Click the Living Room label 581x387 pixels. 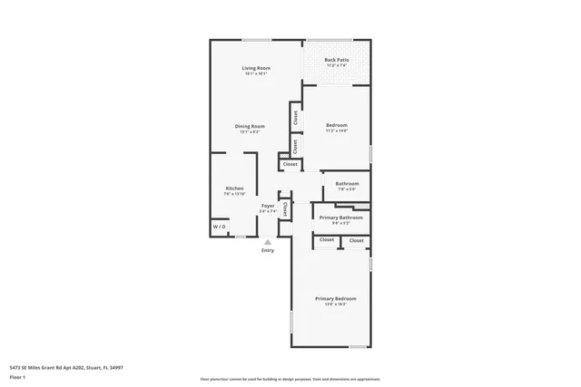click(256, 68)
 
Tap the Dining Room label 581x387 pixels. click(251, 126)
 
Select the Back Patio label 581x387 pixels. click(337, 61)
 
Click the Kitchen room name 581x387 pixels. click(234, 188)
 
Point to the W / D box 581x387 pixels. click(220, 227)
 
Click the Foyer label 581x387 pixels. click(268, 206)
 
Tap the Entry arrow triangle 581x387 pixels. click(267, 242)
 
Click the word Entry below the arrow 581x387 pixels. click(267, 250)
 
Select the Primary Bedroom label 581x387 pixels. click(335, 298)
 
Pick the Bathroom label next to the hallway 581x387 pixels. click(347, 183)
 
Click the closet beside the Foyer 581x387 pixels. click(284, 208)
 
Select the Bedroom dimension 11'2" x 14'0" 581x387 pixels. click(337, 131)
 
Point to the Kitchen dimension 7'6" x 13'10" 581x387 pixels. click(234, 194)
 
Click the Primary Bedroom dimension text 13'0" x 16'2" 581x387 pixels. click(335, 305)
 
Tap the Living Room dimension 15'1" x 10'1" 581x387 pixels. click(256, 74)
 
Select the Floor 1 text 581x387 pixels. click(18, 376)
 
